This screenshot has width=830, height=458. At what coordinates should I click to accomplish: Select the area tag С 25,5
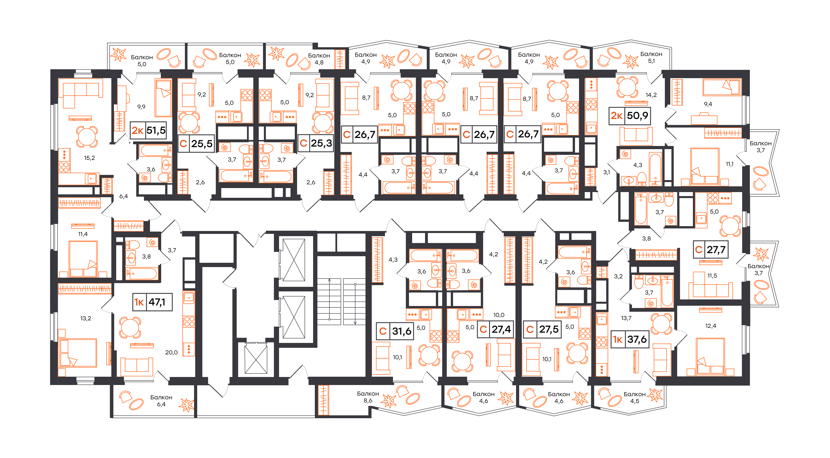tap(196, 143)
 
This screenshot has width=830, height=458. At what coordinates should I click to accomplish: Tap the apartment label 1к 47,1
tap(152, 302)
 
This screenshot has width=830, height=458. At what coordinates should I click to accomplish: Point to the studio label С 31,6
tap(395, 331)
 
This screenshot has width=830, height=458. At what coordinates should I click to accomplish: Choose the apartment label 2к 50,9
tap(630, 116)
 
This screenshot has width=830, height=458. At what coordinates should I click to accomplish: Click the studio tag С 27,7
tap(710, 249)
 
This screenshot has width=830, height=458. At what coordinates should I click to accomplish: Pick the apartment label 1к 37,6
tap(630, 339)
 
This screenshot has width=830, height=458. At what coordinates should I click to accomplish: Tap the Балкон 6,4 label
tap(161, 401)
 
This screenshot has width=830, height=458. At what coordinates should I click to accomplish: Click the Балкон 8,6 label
tap(368, 397)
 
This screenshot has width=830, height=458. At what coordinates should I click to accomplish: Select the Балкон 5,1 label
tap(651, 57)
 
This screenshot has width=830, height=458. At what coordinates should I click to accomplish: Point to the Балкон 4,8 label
tap(319, 59)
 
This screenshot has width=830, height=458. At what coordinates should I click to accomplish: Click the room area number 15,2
tap(89, 158)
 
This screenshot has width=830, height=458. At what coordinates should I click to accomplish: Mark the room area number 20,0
tap(171, 353)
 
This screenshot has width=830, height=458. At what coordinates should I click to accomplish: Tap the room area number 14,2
tap(651, 95)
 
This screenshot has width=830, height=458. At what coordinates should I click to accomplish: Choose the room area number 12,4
tap(710, 326)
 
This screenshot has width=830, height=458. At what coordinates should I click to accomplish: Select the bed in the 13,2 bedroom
tap(77, 353)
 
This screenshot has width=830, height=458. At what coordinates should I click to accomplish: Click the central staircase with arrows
tap(341, 302)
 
